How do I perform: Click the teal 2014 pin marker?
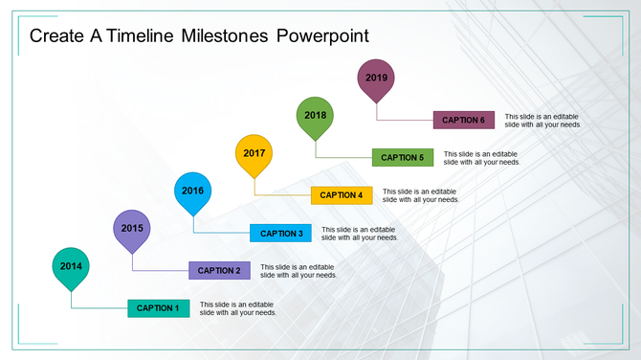pyautogui.click(x=71, y=267)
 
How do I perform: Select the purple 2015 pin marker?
pyautogui.click(x=132, y=229)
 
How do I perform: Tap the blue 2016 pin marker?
pyautogui.click(x=193, y=191)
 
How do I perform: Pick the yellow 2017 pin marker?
pyautogui.click(x=254, y=153)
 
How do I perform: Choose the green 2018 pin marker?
pyautogui.click(x=316, y=115)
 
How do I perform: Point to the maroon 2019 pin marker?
pyautogui.click(x=376, y=78)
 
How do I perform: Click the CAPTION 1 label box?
pyautogui.click(x=158, y=308)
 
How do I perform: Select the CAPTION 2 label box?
pyautogui.click(x=219, y=271)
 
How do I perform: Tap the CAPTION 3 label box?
pyautogui.click(x=280, y=234)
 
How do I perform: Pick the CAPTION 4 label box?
pyautogui.click(x=342, y=195)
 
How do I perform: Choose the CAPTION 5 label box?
pyautogui.click(x=403, y=158)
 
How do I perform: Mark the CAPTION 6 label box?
pyautogui.click(x=464, y=121)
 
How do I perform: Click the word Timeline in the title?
pyautogui.click(x=141, y=36)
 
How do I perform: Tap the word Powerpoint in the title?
pyautogui.click(x=322, y=36)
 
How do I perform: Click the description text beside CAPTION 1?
pyautogui.click(x=238, y=308)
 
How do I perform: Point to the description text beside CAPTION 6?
pyautogui.click(x=543, y=121)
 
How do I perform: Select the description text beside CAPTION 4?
pyautogui.click(x=421, y=195)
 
